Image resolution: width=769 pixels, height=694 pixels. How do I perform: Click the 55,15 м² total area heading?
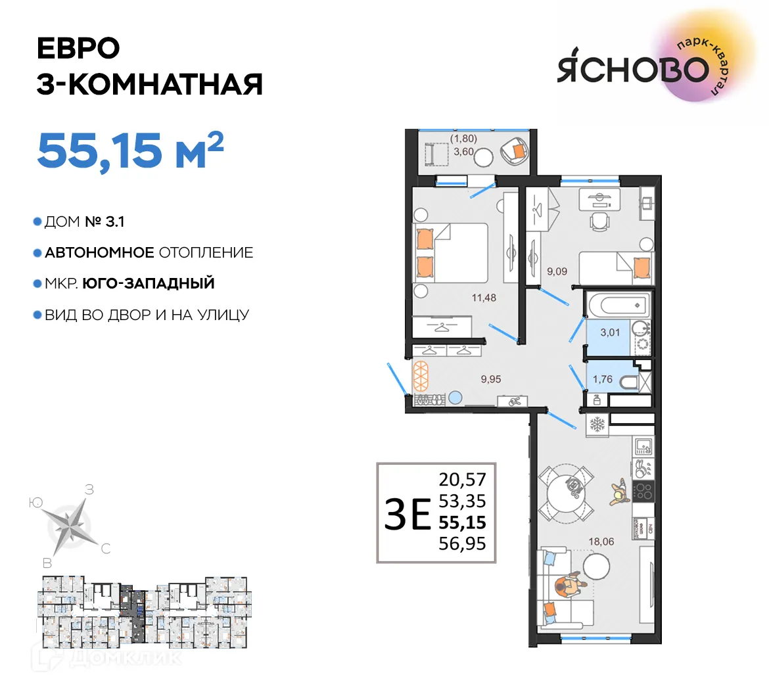(130, 150)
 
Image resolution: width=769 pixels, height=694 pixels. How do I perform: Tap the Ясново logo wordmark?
(634, 69)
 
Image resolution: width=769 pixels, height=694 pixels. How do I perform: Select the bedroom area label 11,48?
(484, 298)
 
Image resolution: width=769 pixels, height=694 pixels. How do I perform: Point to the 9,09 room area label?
(557, 271)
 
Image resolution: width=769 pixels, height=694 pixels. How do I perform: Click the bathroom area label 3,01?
(610, 333)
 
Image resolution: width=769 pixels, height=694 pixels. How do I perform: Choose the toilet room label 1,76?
(602, 379)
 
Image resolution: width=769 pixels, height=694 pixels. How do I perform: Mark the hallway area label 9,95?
(490, 379)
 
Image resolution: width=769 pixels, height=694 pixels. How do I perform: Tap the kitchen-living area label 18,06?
(601, 542)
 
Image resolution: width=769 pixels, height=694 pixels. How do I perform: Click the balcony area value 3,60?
(463, 151)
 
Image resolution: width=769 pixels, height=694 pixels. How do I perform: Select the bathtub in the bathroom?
(618, 305)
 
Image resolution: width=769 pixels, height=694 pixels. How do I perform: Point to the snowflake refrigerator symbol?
(597, 424)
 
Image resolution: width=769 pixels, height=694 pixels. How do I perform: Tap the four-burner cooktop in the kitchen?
(643, 490)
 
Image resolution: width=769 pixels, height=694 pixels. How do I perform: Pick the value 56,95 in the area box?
(462, 544)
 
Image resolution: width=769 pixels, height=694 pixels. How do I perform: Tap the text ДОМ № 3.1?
(84, 222)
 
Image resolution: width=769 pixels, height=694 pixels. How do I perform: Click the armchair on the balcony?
(514, 152)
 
